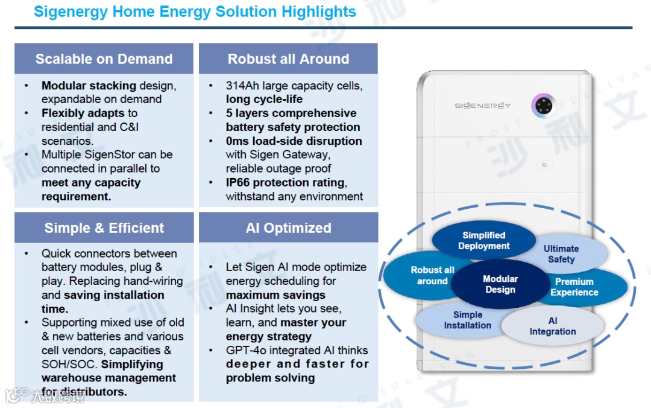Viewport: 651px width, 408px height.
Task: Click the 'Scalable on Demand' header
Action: pyautogui.click(x=104, y=59)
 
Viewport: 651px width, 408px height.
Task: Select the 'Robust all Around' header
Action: pyautogui.click(x=288, y=59)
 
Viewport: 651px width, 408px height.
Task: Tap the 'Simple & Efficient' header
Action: pyautogui.click(x=104, y=228)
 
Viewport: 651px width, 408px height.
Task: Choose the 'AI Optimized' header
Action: pyautogui.click(x=288, y=228)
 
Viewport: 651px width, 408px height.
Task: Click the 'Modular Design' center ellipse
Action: pyautogui.click(x=500, y=284)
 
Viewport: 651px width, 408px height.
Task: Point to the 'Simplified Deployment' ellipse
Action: pyautogui.click(x=483, y=240)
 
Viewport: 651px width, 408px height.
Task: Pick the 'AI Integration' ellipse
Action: pyautogui.click(x=553, y=327)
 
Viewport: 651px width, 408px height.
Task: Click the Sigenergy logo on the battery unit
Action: pyautogui.click(x=482, y=106)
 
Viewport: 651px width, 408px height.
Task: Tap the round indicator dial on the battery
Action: pyautogui.click(x=543, y=106)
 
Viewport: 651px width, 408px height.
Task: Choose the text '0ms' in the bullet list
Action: pyautogui.click(x=237, y=141)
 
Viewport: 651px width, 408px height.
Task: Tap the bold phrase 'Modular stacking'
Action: pyautogui.click(x=89, y=86)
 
